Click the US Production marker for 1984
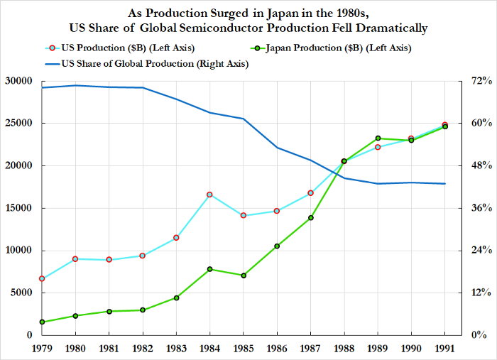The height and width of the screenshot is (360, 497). click(209, 195)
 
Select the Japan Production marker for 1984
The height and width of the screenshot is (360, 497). click(209, 269)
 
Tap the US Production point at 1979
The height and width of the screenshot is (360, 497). click(42, 278)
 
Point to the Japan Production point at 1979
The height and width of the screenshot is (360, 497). click(42, 322)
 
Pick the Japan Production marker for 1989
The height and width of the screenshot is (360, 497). click(378, 138)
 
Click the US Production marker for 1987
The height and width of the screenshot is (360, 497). click(310, 193)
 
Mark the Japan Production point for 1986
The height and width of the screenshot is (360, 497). click(277, 246)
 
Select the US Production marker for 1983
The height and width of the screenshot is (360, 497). click(176, 237)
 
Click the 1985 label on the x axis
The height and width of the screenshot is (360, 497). click(244, 349)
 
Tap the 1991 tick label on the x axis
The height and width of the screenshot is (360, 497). click(445, 349)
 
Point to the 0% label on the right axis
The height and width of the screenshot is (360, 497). click(478, 335)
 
